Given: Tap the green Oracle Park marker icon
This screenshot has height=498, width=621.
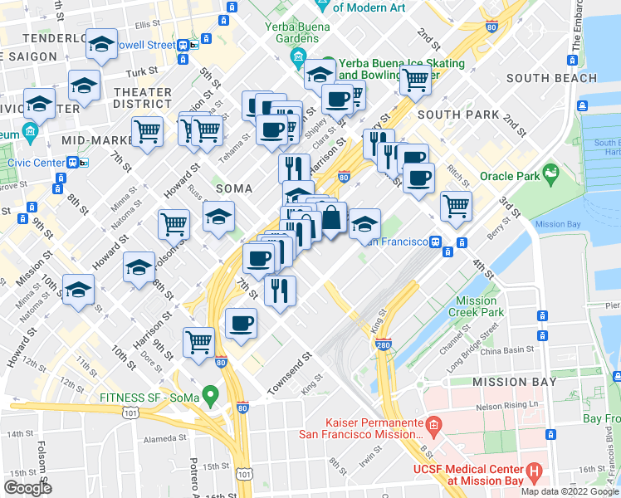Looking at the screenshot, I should coord(550,174).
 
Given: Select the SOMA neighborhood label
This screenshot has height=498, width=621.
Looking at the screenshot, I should coord(233,188).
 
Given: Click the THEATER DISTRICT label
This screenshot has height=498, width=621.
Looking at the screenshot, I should coord(143,98).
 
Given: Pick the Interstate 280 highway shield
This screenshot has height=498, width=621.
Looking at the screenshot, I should coord(383,342).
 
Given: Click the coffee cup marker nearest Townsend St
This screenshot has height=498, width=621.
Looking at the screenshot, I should coord(241,323).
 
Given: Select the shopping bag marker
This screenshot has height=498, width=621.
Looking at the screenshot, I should coord(331,218).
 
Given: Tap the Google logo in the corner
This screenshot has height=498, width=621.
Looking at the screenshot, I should coord(27,488).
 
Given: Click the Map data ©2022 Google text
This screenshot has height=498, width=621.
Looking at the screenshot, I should coord(570,491).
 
